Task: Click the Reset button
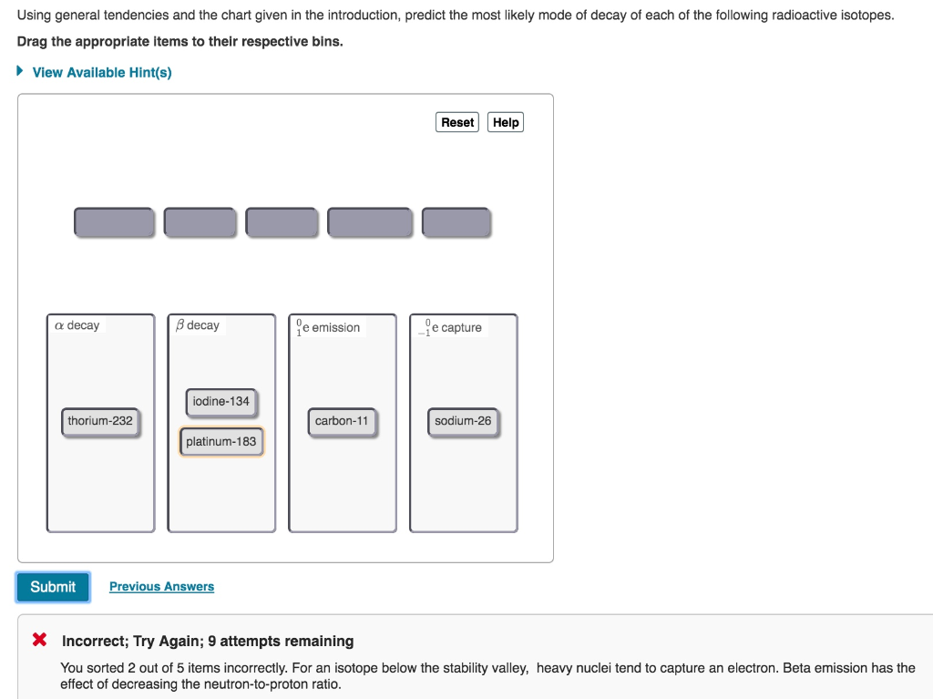457,122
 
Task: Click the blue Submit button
53,587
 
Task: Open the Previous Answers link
161,587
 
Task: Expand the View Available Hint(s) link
101,72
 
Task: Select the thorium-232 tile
100,421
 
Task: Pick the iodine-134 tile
220,401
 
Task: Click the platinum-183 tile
221,442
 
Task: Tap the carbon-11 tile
342,421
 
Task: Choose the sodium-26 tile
463,421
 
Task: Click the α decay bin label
77,325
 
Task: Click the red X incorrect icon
39,640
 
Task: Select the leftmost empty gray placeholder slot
115,222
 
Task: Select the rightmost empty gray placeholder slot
456,222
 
